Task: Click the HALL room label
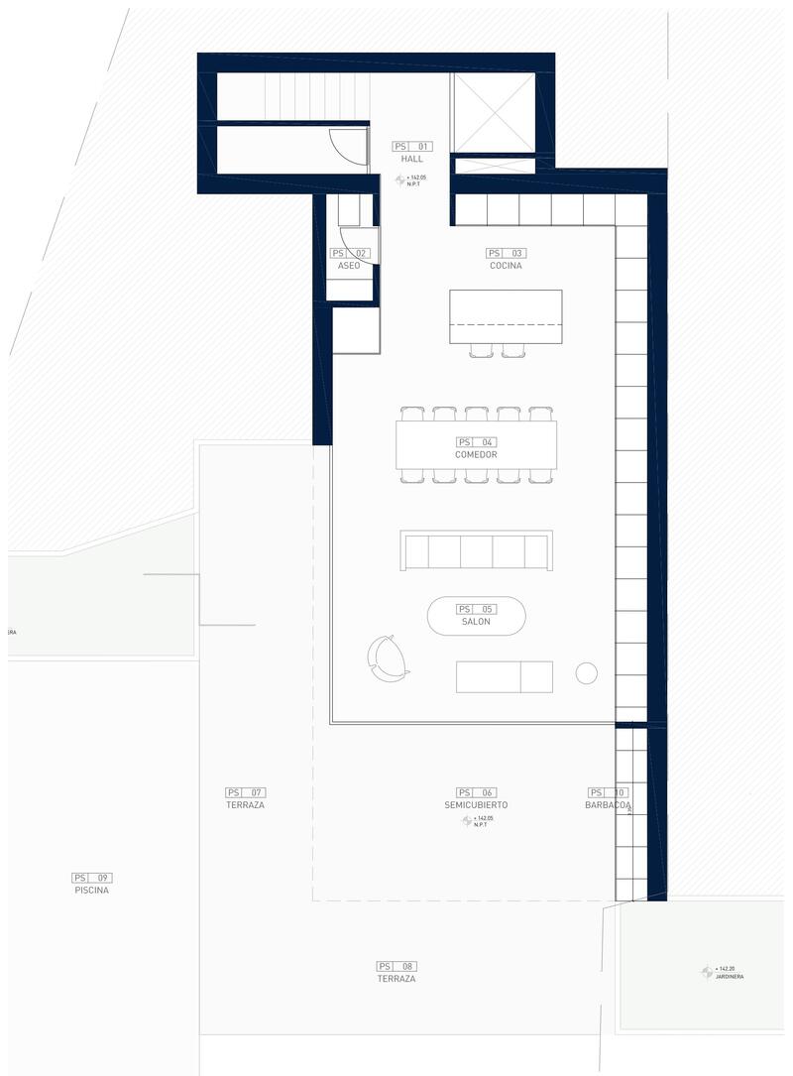point(412,159)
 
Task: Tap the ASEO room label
point(348,266)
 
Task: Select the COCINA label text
point(506,266)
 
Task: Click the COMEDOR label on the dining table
point(476,454)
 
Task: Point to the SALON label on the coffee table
point(476,622)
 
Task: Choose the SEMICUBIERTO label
point(476,805)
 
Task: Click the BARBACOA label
point(608,805)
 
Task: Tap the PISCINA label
point(91,891)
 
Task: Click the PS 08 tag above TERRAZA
point(396,966)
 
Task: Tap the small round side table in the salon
point(587,674)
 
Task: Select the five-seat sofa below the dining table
point(477,550)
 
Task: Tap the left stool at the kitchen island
point(481,349)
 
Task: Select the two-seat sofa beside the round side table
point(504,676)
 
